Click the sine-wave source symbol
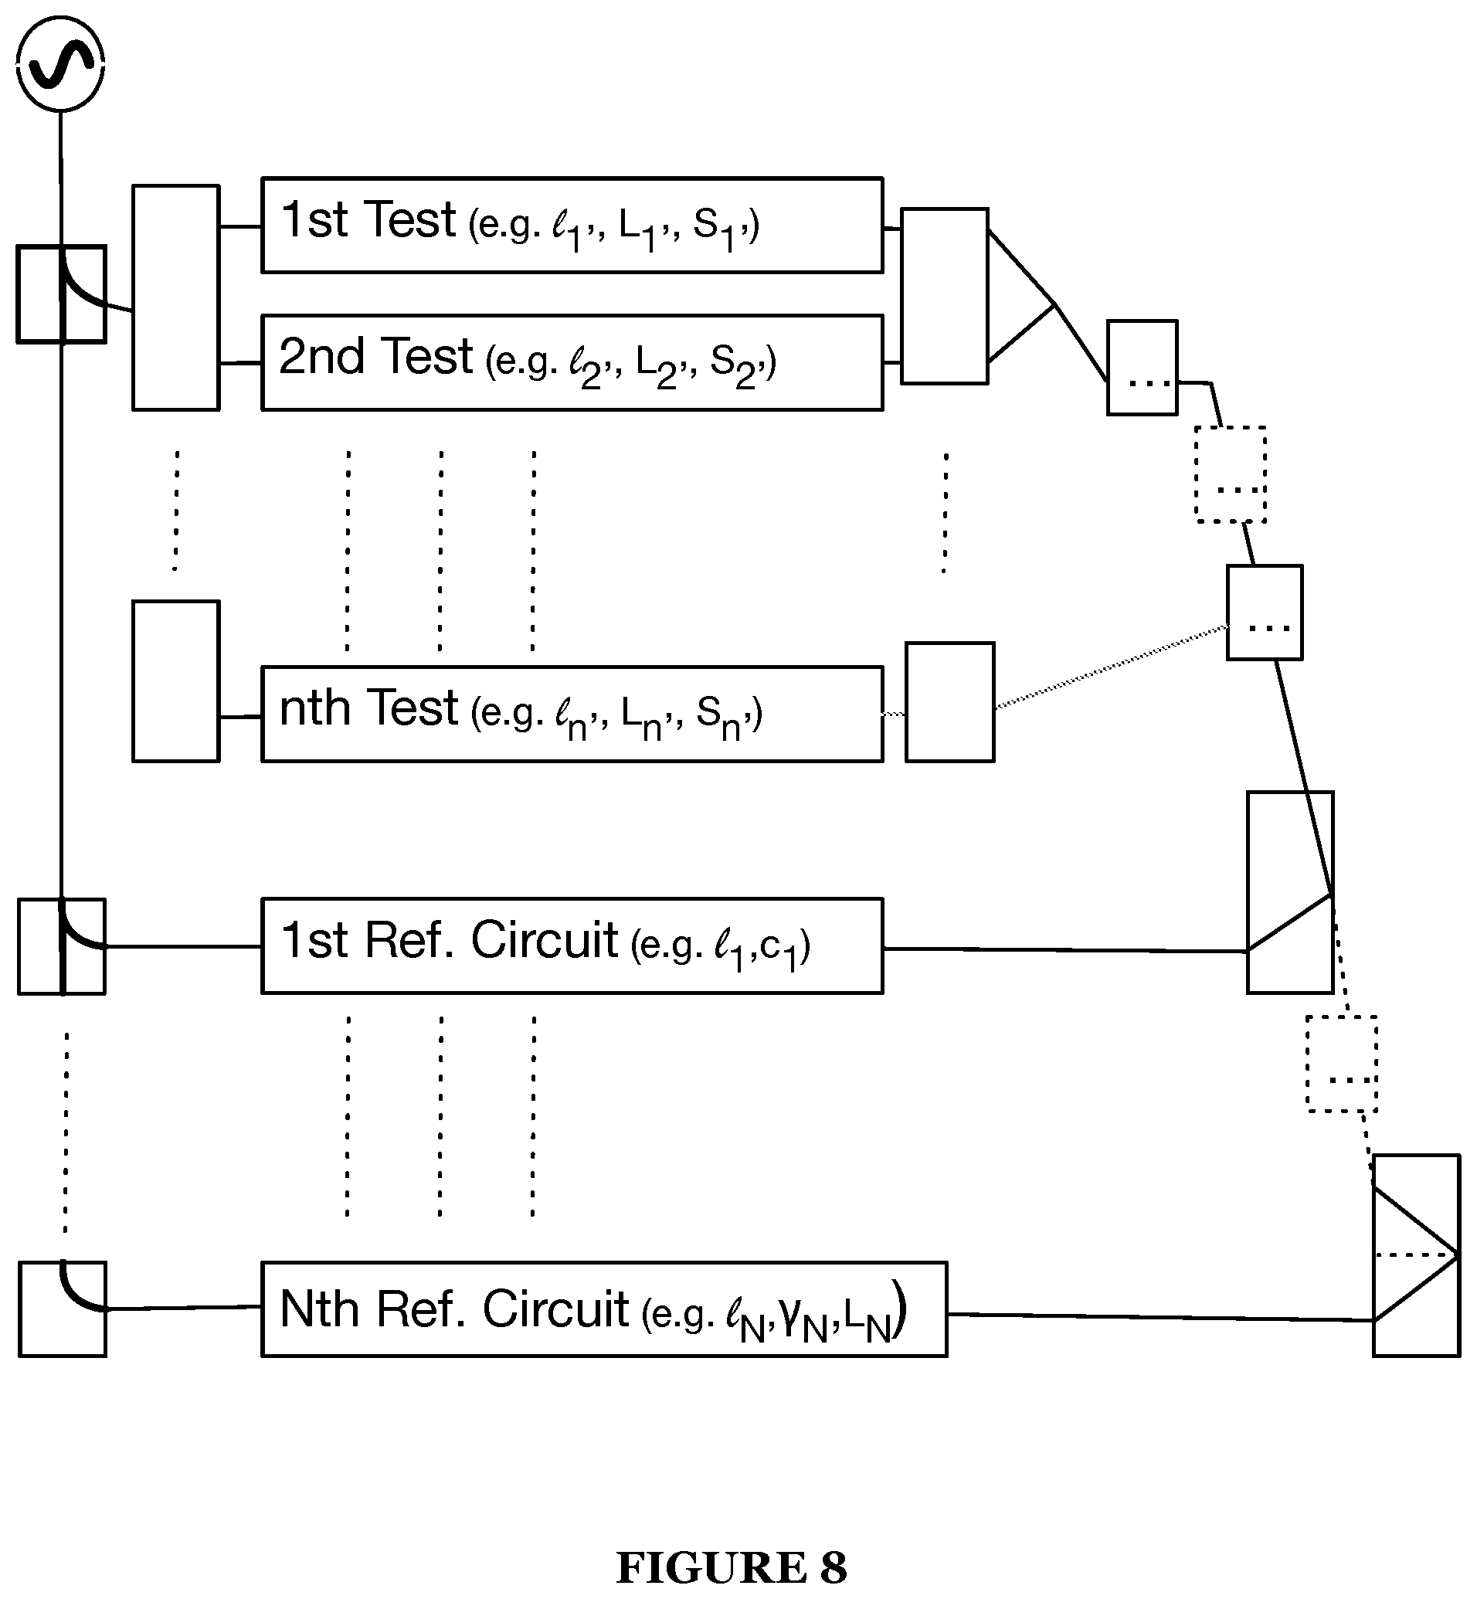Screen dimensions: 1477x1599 (61, 63)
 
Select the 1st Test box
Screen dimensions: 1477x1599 (572, 225)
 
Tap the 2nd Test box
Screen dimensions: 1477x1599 (572, 363)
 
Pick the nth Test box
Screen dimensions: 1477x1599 (572, 714)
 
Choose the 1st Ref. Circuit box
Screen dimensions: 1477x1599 (572, 945)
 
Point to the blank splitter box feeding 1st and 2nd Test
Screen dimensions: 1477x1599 (176, 297)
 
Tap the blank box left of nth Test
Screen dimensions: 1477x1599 (176, 681)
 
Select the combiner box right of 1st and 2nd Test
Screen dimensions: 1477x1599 (945, 296)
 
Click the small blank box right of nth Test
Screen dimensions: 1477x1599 (950, 701)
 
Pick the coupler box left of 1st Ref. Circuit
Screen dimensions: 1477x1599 (62, 946)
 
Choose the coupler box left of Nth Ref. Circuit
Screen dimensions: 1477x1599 (63, 1309)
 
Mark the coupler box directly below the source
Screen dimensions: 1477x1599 (62, 294)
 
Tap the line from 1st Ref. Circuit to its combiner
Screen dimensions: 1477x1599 (1066, 949)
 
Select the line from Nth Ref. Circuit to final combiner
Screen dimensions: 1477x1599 (1160, 1317)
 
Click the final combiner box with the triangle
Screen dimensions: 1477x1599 (1417, 1254)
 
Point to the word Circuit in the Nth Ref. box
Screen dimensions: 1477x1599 (555, 1308)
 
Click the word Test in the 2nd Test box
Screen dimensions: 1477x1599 (426, 355)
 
